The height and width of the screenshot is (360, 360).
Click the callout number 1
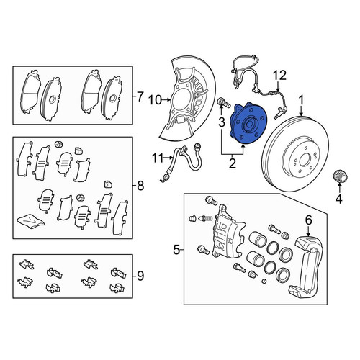pyautogui.click(x=301, y=100)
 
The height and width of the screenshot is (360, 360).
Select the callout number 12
pyautogui.click(x=280, y=75)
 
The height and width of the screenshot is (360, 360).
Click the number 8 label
pyautogui.click(x=140, y=186)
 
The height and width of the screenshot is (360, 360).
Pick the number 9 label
pyautogui.click(x=140, y=276)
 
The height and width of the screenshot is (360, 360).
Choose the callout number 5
pyautogui.click(x=176, y=251)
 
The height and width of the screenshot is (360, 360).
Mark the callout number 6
pyautogui.click(x=308, y=220)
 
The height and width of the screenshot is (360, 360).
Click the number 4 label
pyautogui.click(x=338, y=199)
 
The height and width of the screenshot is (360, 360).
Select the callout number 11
pyautogui.click(x=158, y=158)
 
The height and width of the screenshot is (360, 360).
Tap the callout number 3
pyautogui.click(x=222, y=122)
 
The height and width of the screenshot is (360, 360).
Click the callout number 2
pyautogui.click(x=233, y=163)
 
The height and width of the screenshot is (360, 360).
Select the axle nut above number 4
pyautogui.click(x=340, y=177)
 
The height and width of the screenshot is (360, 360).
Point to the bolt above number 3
pyautogui.click(x=223, y=102)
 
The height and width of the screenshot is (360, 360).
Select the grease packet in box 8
pyautogui.click(x=31, y=220)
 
